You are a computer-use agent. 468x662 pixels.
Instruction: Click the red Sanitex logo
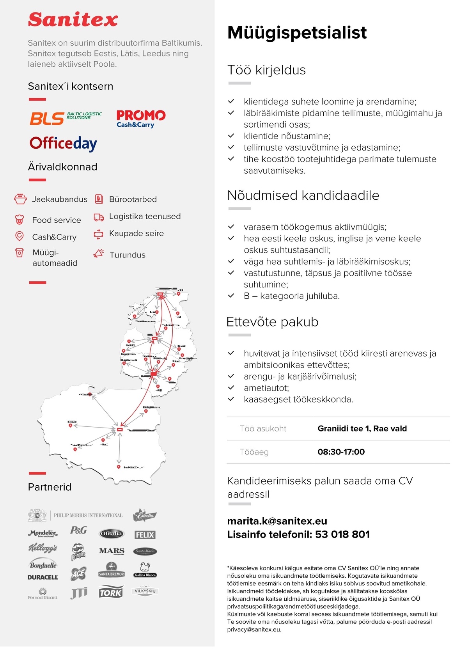point(73,20)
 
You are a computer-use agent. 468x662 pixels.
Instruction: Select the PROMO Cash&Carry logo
point(141,119)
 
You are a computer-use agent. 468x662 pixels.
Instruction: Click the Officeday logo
point(63,144)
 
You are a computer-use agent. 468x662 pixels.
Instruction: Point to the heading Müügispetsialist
point(297,33)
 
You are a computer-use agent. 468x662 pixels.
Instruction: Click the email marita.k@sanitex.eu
point(277,521)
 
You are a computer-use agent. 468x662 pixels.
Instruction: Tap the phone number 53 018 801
point(342,534)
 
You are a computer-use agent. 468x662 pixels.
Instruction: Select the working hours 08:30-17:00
point(341,452)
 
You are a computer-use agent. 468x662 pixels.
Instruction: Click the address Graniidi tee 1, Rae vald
point(362,428)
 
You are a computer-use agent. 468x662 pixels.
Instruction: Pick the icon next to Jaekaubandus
point(20,199)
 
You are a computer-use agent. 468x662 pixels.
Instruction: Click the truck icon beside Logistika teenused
point(99,217)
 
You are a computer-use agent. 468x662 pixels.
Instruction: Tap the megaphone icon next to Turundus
point(99,254)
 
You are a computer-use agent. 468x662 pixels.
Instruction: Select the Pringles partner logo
point(78,552)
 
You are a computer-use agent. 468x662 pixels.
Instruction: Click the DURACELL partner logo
point(43,577)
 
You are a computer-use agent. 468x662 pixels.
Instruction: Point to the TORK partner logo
point(111,593)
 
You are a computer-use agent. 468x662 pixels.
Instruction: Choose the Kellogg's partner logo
point(43,548)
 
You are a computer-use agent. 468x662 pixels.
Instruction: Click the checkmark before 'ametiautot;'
point(231,388)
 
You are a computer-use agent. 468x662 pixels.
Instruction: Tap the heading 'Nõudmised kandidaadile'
point(303,195)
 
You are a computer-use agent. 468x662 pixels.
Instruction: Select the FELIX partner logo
point(145,535)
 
